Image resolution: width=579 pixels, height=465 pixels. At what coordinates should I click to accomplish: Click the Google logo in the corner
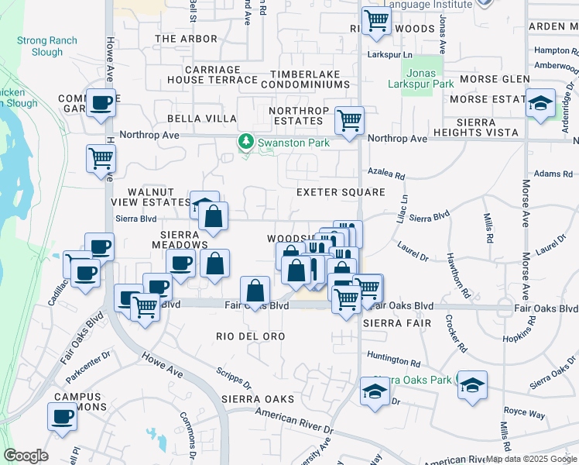click(26, 455)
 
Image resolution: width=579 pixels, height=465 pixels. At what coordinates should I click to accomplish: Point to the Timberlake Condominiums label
click(310, 79)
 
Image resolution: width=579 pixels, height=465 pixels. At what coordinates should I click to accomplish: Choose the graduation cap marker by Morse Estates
click(541, 103)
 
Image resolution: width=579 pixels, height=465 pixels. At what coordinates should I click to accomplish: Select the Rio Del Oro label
click(251, 336)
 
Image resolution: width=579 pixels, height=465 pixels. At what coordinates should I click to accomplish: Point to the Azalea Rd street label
click(388, 176)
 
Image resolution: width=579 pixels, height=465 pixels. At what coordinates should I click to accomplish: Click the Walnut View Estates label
click(157, 197)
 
